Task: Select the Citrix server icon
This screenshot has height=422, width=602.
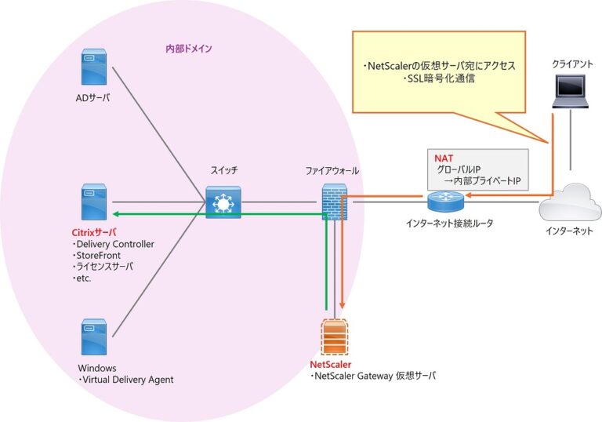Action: coord(94,202)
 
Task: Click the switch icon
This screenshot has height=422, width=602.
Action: coord(223,202)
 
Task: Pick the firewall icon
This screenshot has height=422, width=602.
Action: coord(334,202)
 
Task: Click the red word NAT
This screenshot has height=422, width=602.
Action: coord(444,158)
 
